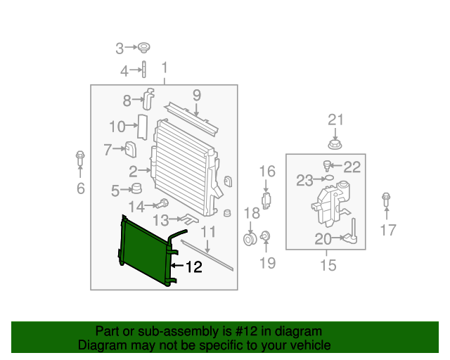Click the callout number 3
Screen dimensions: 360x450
(120, 48)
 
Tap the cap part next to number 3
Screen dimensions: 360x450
(143, 48)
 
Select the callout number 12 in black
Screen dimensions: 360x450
(193, 266)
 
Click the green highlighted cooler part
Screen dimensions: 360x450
(143, 250)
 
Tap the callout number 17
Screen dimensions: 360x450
(388, 229)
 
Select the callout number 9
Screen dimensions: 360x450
(197, 94)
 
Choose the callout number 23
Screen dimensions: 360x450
(304, 181)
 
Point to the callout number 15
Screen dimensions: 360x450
(328, 266)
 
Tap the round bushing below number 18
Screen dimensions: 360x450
(250, 240)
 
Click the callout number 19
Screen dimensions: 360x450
(266, 263)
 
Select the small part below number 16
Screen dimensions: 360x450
(267, 200)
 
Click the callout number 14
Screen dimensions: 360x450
(136, 206)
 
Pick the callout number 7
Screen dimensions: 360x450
(108, 149)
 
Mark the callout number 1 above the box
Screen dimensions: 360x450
(165, 68)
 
